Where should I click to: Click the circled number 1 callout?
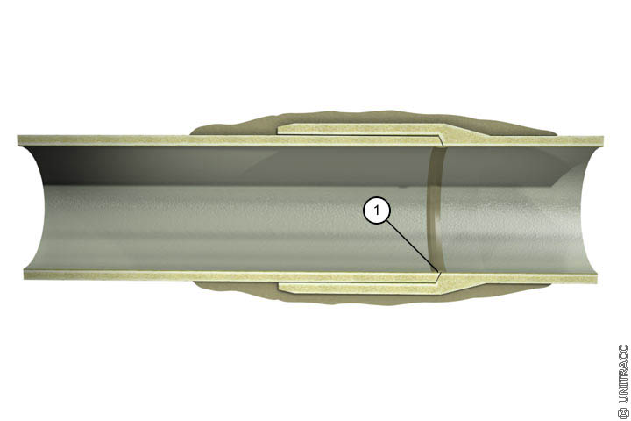coord(377,210)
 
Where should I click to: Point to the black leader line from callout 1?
coord(412,245)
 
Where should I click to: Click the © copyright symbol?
coord(623,412)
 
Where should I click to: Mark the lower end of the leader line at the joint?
coord(438,271)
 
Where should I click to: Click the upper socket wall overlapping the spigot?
coord(358,129)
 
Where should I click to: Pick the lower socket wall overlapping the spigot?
coord(358,288)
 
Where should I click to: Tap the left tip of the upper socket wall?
coord(279,132)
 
